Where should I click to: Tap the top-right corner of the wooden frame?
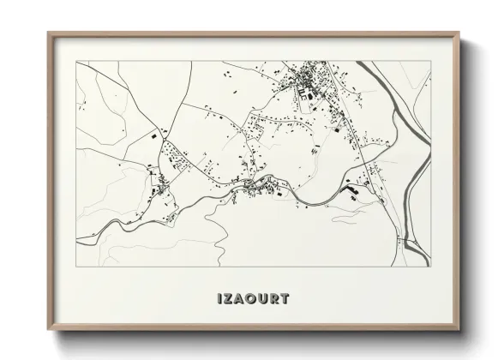(x=458, y=33)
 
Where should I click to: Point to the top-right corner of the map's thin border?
(x=429, y=62)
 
